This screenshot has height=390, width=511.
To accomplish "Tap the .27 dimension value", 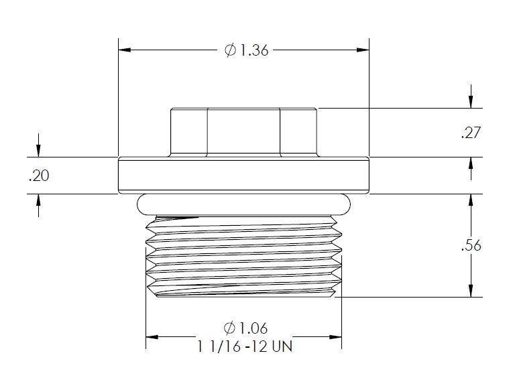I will coord(471,133).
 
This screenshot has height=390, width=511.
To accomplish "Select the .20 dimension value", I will coord(39,176).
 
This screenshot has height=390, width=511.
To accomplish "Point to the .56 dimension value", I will coord(471,245).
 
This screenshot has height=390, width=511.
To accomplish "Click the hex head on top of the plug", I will coord(243,132).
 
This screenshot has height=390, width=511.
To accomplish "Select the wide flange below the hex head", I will coord(243,176).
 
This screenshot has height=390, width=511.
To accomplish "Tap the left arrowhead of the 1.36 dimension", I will coord(125,50).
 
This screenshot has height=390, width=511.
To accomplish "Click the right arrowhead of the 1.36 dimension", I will coord(363,50).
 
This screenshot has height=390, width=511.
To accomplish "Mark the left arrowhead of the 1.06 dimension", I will coord(152,336).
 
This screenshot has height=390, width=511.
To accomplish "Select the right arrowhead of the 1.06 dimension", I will coord(335,336).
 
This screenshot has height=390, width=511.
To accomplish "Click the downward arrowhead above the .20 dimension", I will coord(39,152).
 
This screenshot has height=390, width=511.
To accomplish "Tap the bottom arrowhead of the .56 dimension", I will coord(472,291).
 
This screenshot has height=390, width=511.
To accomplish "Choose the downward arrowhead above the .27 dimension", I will coord(472,103).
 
